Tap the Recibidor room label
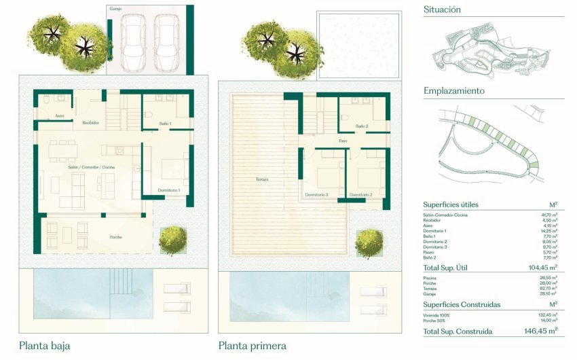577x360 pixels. (x=91, y=123)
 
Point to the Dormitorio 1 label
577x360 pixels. (x=168, y=190)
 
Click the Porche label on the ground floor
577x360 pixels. (x=117, y=237)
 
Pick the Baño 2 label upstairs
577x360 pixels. (x=362, y=126)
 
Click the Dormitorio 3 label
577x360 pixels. (x=316, y=195)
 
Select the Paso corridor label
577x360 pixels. (x=343, y=141)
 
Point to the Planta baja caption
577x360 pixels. (x=44, y=346)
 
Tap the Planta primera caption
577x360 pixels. (x=252, y=346)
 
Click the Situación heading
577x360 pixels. (x=442, y=10)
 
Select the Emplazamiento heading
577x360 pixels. (x=453, y=90)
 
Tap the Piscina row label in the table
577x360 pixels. (x=430, y=278)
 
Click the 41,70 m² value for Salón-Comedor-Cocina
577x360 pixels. (x=548, y=215)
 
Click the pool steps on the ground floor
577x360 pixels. (x=122, y=281)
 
